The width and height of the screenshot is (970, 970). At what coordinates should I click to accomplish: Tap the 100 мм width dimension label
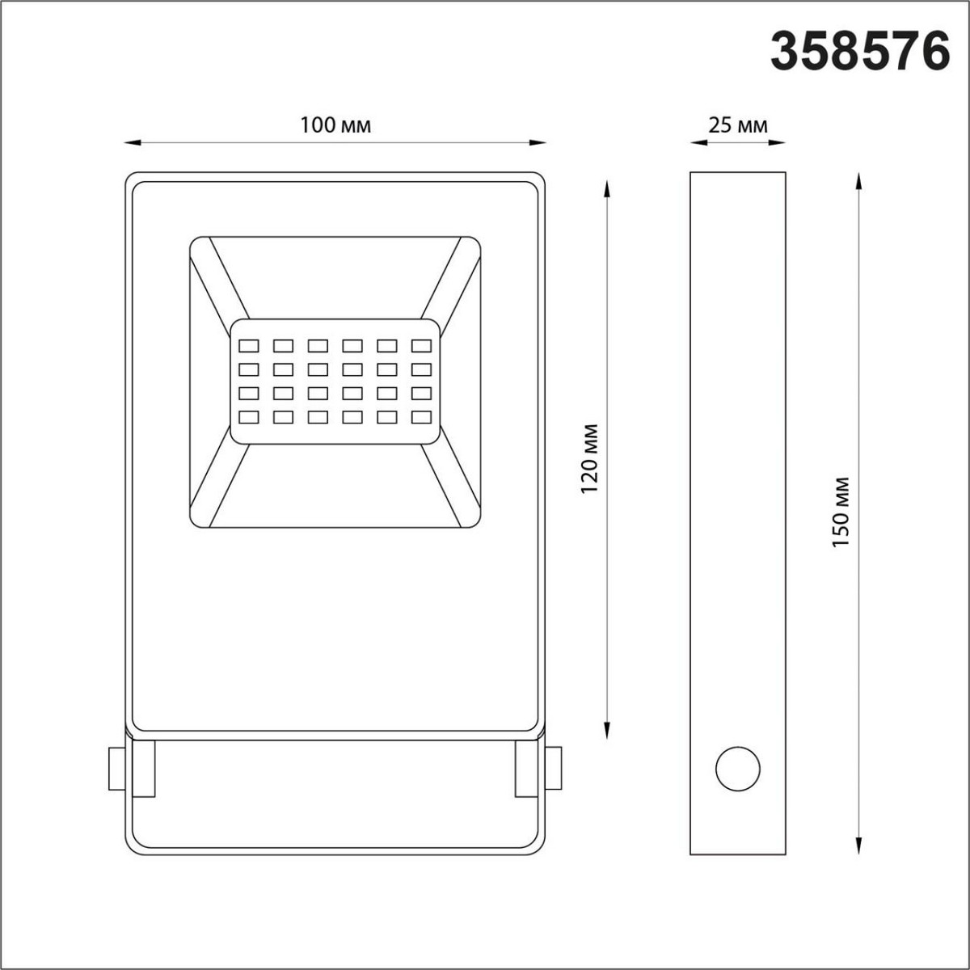(335, 125)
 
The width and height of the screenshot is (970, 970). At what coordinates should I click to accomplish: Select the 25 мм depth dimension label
(738, 125)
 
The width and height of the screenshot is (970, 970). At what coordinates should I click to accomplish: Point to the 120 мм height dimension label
(589, 458)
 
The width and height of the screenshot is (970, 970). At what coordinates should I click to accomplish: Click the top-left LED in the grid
(249, 346)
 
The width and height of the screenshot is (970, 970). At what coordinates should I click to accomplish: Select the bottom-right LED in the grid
(421, 417)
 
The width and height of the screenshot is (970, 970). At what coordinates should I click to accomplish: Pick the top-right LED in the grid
(421, 346)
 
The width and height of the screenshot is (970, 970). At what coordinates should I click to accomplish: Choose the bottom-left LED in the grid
(249, 417)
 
